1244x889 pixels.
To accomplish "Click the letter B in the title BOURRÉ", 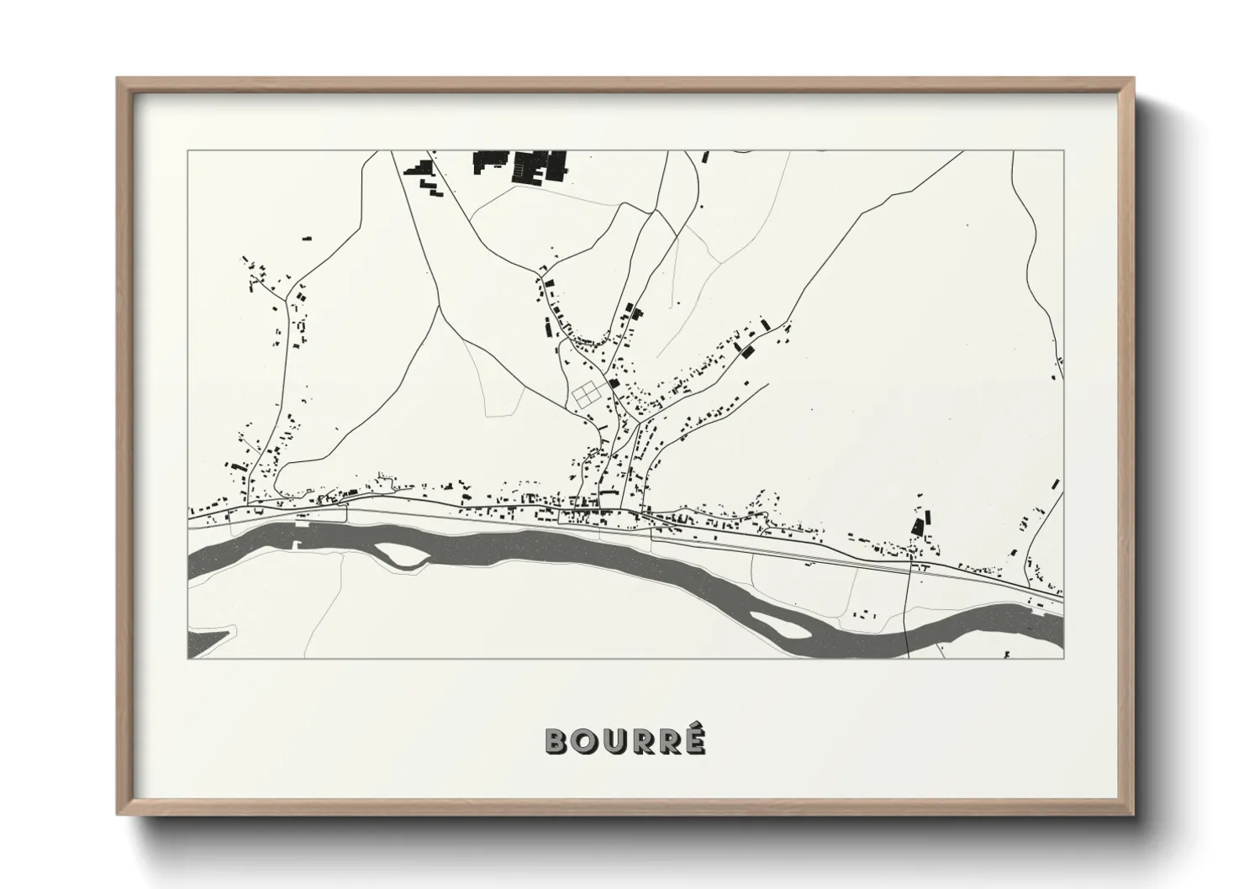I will tap(558, 740).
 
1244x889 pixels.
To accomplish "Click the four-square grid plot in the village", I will tap(587, 393).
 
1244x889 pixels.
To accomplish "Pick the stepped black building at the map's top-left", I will tap(419, 167).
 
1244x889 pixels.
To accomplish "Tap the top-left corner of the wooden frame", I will tap(119, 79).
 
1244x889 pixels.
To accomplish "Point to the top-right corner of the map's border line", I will tap(1063, 151).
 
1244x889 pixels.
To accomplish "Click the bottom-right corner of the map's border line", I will tap(1063, 659).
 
